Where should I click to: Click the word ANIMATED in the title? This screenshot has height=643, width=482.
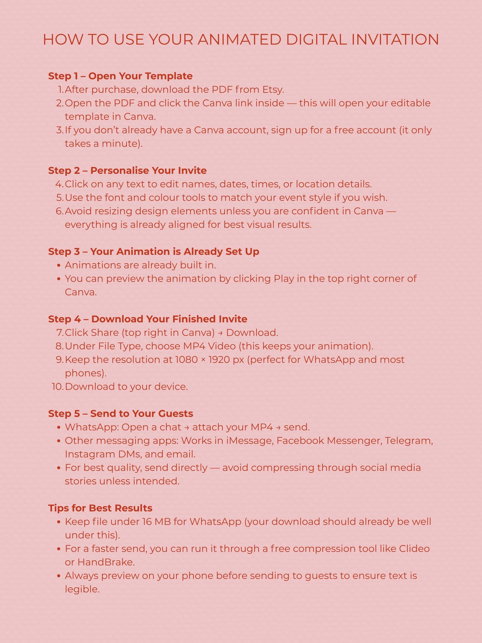click(x=239, y=39)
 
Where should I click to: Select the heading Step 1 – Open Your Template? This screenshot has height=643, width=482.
click(x=120, y=76)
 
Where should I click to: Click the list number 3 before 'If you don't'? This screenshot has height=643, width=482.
click(x=59, y=130)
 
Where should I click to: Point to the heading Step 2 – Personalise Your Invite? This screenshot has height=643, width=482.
click(x=127, y=171)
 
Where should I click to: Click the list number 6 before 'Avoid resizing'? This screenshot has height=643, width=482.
click(x=59, y=211)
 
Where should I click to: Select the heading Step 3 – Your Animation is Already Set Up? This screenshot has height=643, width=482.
click(x=153, y=252)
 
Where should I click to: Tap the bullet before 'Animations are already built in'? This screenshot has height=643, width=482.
click(x=59, y=266)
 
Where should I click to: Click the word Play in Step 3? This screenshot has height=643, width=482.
click(x=284, y=279)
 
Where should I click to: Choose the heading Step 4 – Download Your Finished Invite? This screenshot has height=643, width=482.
click(x=147, y=319)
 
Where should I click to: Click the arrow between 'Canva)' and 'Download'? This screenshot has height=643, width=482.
click(x=220, y=333)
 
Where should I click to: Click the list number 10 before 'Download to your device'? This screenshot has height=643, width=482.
click(x=57, y=387)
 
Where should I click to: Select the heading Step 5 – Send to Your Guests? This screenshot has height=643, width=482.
click(x=120, y=414)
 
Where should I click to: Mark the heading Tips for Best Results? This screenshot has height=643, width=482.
click(x=100, y=508)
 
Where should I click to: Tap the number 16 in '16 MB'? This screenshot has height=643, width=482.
click(x=147, y=522)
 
